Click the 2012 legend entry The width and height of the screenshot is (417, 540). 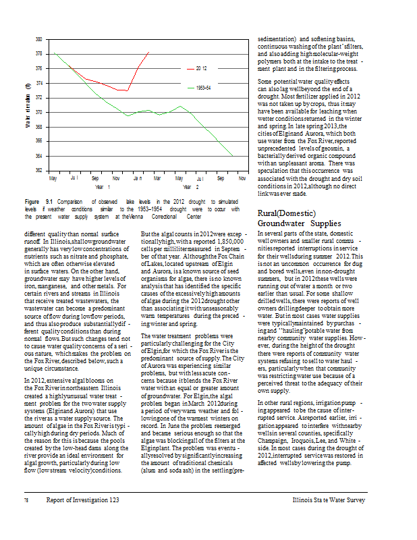pyautogui.click(x=201, y=69)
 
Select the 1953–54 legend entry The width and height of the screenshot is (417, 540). pyautogui.click(x=203, y=88)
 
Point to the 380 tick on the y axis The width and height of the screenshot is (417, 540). pyautogui.click(x=39, y=40)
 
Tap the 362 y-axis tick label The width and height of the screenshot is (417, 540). pyautogui.click(x=39, y=170)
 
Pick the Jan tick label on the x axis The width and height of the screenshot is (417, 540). pyautogui.click(x=137, y=178)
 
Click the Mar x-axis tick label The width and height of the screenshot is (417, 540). pyautogui.click(x=157, y=178)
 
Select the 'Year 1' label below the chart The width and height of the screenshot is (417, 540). pyautogui.click(x=103, y=186)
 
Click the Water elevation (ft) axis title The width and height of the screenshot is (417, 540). pyautogui.click(x=28, y=105)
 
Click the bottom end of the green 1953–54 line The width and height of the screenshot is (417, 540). pyautogui.click(x=232, y=156)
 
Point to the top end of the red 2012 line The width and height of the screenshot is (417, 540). pyautogui.click(x=148, y=52)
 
